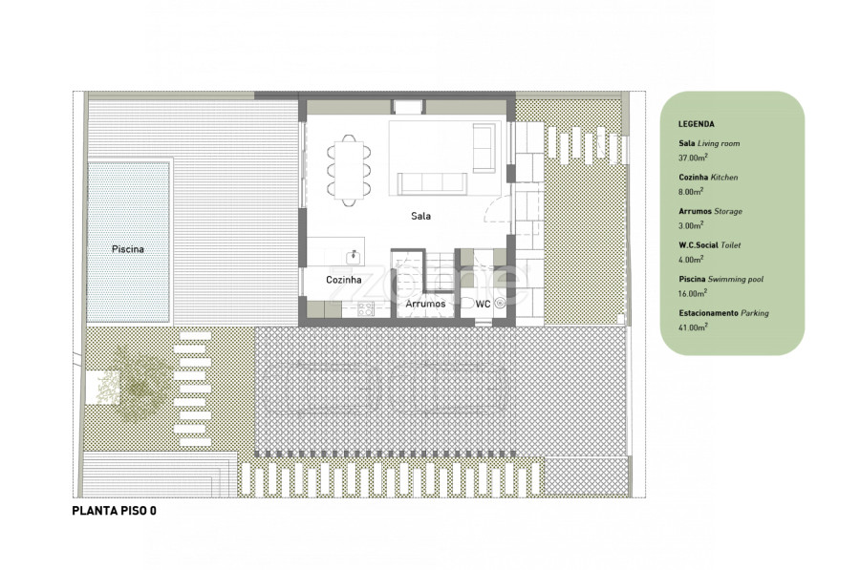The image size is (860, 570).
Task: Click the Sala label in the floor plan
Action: [420, 216]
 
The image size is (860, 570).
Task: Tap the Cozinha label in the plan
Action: [344, 280]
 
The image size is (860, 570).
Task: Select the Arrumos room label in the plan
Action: [425, 304]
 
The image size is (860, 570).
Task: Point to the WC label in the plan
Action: [483, 304]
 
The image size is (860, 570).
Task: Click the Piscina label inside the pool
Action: [128, 249]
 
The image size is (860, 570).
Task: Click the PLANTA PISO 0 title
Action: [114, 511]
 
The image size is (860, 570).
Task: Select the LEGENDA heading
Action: [696, 124]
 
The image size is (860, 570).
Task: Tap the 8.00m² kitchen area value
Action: [691, 191]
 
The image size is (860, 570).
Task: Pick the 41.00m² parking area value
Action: [693, 327]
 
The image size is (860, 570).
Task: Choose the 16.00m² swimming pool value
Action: [692, 293]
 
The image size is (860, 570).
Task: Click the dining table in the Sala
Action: [349, 170]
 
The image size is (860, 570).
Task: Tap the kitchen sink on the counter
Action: [354, 257]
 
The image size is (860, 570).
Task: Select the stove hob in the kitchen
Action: [366, 309]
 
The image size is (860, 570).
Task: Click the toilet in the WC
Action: [466, 303]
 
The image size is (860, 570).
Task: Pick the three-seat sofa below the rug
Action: [432, 183]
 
